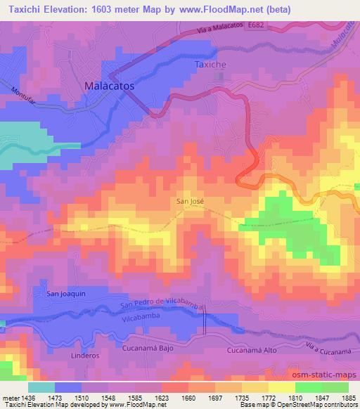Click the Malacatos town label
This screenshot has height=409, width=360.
click(109, 85)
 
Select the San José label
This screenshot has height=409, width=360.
click(190, 201)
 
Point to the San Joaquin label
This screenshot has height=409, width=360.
click(66, 293)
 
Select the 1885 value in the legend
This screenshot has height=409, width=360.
click(347, 398)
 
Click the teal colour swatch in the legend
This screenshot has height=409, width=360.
click(41, 387)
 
